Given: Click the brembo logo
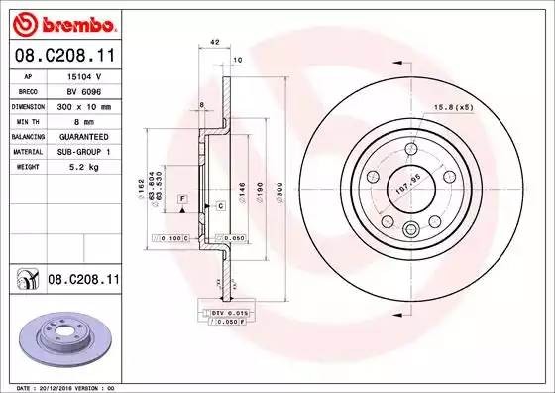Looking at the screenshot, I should (61, 21).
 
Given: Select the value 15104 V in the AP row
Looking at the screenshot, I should (83, 75).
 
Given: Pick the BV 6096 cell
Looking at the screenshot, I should (83, 89).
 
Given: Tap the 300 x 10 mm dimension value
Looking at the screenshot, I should (83, 104).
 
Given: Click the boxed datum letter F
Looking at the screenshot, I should (183, 200).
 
